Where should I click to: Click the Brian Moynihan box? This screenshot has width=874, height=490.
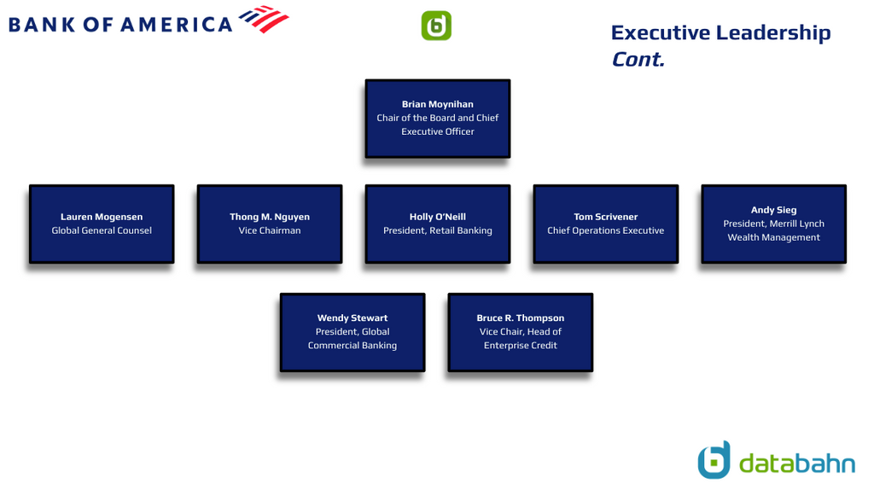coord(438,118)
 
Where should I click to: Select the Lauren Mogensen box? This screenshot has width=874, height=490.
coord(102,224)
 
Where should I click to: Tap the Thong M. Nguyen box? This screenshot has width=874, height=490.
coord(270,224)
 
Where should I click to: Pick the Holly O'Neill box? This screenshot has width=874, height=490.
coord(438,224)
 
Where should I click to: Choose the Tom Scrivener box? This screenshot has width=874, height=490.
coord(606,224)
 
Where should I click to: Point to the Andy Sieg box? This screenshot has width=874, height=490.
coord(773,224)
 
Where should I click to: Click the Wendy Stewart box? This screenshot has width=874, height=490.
coord(353,332)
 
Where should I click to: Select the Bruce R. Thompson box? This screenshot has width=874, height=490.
coord(521,332)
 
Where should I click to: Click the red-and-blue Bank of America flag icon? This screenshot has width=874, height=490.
coord(265,19)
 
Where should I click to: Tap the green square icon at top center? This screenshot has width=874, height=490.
coord(436,26)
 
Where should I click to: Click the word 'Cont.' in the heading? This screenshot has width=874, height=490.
coord(638,59)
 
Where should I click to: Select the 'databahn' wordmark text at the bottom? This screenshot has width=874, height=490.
coord(797,464)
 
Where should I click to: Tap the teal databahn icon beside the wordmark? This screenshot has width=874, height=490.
coord(714,460)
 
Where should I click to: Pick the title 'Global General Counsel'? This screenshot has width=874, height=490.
coord(102,230)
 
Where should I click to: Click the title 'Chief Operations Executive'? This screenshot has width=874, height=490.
coord(606,230)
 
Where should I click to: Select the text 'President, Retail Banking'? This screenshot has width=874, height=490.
coord(438,230)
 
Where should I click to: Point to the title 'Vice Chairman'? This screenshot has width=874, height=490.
coord(270,230)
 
